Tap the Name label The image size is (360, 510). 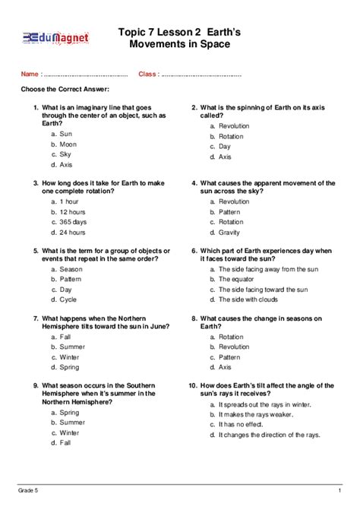tap(30, 74)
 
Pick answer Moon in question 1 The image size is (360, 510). tap(68, 144)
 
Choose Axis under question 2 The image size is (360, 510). tap(225, 157)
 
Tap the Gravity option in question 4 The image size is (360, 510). tap(229, 233)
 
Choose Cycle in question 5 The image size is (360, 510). tap(68, 299)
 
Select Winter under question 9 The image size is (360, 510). tap(69, 432)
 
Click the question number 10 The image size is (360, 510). tap(194, 385)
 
